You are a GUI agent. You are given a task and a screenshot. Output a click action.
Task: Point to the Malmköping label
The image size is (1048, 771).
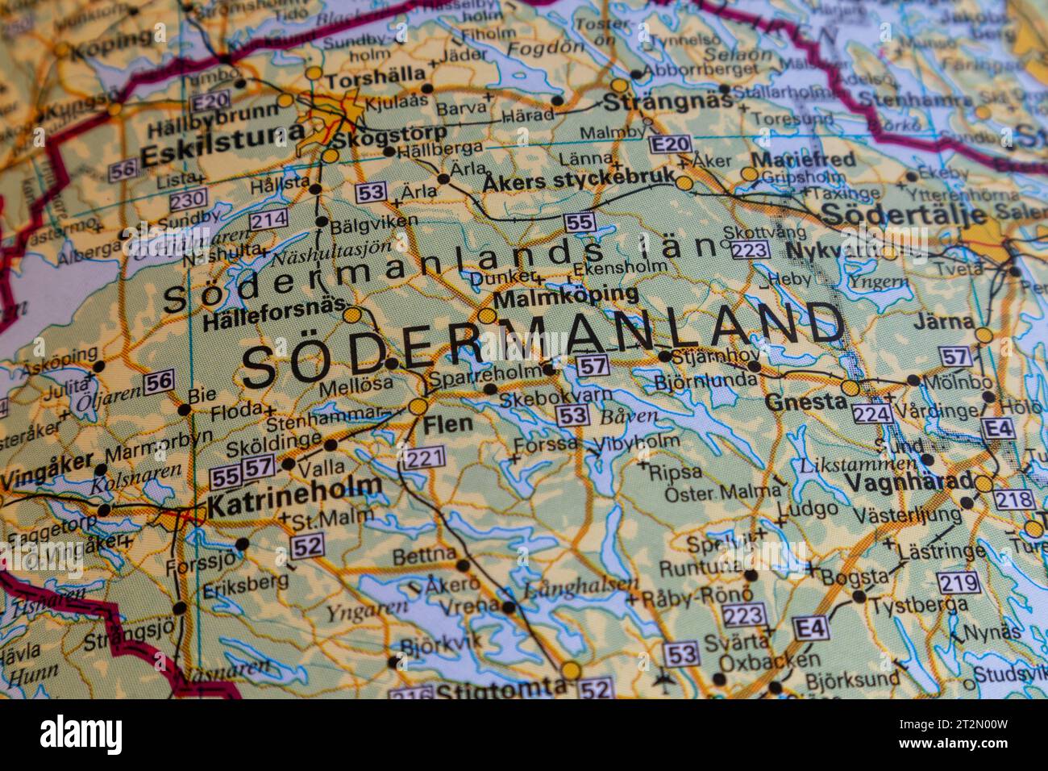pyautogui.click(x=566, y=297)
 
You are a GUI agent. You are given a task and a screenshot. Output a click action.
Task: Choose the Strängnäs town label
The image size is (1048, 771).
pyautogui.click(x=668, y=102)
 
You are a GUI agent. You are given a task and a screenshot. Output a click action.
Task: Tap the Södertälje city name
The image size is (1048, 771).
pyautogui.click(x=903, y=215)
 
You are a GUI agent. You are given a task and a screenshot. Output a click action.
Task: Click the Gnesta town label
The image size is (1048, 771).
pyautogui.click(x=800, y=402)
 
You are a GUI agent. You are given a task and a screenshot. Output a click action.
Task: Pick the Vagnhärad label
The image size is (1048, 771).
pyautogui.click(x=909, y=481)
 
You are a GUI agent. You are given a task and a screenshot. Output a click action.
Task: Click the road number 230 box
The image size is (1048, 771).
pyautogui.click(x=188, y=198)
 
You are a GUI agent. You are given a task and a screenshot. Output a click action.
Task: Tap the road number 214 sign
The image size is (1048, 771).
pyautogui.click(x=268, y=219)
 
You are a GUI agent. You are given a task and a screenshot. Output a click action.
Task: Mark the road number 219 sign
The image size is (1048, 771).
pyautogui.click(x=959, y=582)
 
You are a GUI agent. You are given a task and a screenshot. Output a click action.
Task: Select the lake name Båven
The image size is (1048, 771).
pyautogui.click(x=629, y=417)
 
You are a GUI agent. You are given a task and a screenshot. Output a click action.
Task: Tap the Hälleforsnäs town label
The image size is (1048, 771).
pyautogui.click(x=271, y=321)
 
